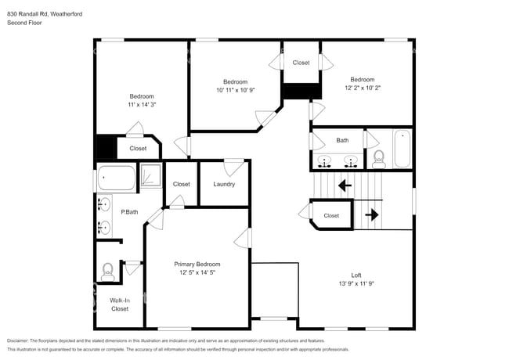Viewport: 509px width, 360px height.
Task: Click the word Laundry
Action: tap(224, 184)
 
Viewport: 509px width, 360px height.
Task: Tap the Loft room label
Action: tap(356, 275)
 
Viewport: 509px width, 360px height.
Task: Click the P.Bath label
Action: tap(129, 211)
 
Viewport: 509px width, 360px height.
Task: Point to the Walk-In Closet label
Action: tap(119, 304)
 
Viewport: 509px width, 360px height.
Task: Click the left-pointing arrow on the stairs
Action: tap(343, 185)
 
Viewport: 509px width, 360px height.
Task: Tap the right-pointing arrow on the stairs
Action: tap(372, 214)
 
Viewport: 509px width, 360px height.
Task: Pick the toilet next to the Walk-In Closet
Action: tap(107, 272)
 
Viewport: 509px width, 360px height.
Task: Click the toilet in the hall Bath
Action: tap(379, 157)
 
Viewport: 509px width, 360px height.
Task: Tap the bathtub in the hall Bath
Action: tap(402, 147)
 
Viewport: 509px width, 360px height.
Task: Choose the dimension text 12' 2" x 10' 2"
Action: tap(362, 88)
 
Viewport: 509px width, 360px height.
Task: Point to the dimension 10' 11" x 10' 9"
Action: tap(235, 91)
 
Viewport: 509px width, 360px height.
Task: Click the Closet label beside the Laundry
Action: tap(182, 184)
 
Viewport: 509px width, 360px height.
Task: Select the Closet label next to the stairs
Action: tap(331, 215)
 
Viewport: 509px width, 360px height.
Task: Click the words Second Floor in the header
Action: tap(24, 23)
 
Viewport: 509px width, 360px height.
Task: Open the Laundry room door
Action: tap(233, 167)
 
